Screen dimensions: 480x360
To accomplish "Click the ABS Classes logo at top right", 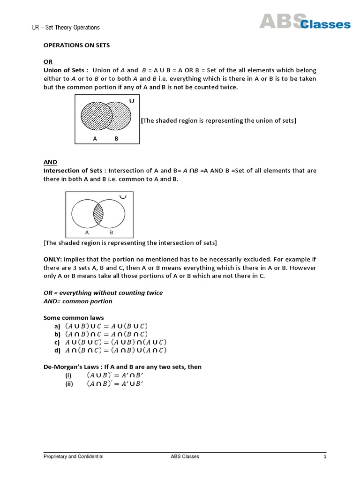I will tap(305, 21).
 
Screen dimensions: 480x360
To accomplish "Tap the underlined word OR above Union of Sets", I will tap(48, 62).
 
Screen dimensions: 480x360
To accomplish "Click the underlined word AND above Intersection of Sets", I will tap(50, 162).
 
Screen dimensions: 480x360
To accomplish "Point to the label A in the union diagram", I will tap(95, 139).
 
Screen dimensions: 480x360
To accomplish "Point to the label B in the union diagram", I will tap(116, 139).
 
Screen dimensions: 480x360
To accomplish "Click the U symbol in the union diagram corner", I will tap(131, 100).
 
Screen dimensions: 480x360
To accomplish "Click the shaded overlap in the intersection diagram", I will tap(98, 214).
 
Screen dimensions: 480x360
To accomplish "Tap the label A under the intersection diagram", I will tap(87, 232).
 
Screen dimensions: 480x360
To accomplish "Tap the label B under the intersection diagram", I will tap(111, 232).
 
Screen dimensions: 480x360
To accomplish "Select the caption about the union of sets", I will tap(218, 120).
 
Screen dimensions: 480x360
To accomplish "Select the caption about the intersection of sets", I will tap(130, 243).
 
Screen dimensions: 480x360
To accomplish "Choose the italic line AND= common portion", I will tap(78, 301).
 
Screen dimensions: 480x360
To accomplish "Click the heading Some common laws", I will tap(73, 318).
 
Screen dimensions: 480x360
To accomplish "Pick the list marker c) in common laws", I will tap(58, 342).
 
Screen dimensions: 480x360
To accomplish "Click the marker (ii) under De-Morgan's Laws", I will tap(69, 384).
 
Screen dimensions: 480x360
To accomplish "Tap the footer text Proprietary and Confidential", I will tap(74, 457).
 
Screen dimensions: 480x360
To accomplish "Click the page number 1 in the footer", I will tap(324, 457).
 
